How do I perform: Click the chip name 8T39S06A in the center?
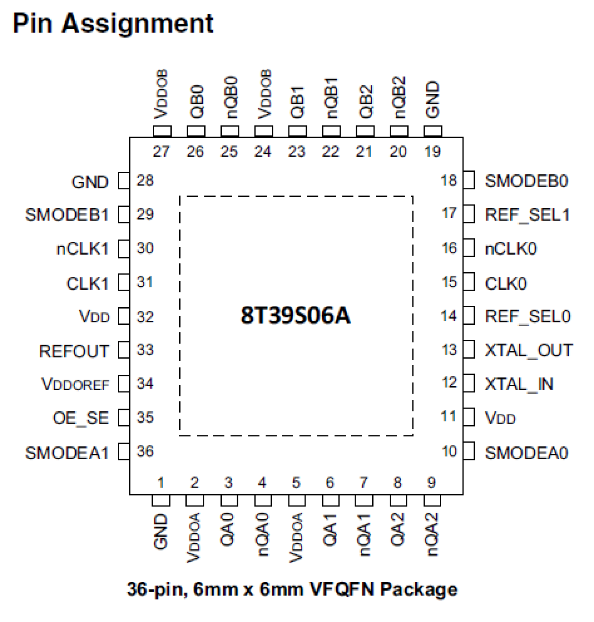(x=296, y=315)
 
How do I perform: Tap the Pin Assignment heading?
(x=113, y=24)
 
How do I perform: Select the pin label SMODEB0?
(x=526, y=181)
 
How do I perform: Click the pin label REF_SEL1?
(x=527, y=215)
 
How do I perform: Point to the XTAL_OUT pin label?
(x=529, y=350)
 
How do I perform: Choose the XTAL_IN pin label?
(x=519, y=384)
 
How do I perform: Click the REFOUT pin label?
(x=74, y=351)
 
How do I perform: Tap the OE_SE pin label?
(x=81, y=418)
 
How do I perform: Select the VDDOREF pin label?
(x=76, y=384)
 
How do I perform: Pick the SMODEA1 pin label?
(x=67, y=453)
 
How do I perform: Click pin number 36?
(x=145, y=451)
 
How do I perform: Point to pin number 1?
(x=161, y=482)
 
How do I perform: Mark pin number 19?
(x=432, y=151)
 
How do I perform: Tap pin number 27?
(x=161, y=151)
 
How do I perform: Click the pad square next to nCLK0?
(x=469, y=248)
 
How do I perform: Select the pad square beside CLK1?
(x=123, y=282)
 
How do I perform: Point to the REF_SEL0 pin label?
(x=528, y=316)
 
